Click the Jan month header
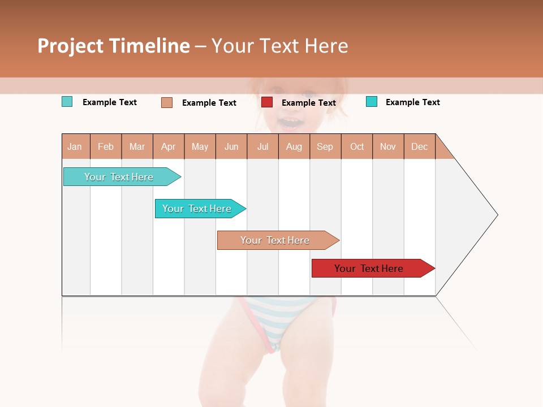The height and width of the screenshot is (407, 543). pos(75,146)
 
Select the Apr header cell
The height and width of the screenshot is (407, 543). pos(168,146)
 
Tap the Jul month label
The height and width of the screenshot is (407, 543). pos(262,146)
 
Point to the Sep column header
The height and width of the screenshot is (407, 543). pos(325,146)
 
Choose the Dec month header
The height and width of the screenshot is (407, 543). pos(419,146)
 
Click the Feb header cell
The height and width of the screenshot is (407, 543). pos(106,146)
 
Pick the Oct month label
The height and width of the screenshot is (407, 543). pos(357,146)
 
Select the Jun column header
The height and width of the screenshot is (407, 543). pos(231,146)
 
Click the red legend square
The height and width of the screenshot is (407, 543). pos(267,102)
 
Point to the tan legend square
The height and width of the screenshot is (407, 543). pos(167,102)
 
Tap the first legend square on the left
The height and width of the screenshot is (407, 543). pos(67,102)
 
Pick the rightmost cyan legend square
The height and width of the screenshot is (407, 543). pos(372,102)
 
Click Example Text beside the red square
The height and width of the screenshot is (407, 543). pos(308,103)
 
